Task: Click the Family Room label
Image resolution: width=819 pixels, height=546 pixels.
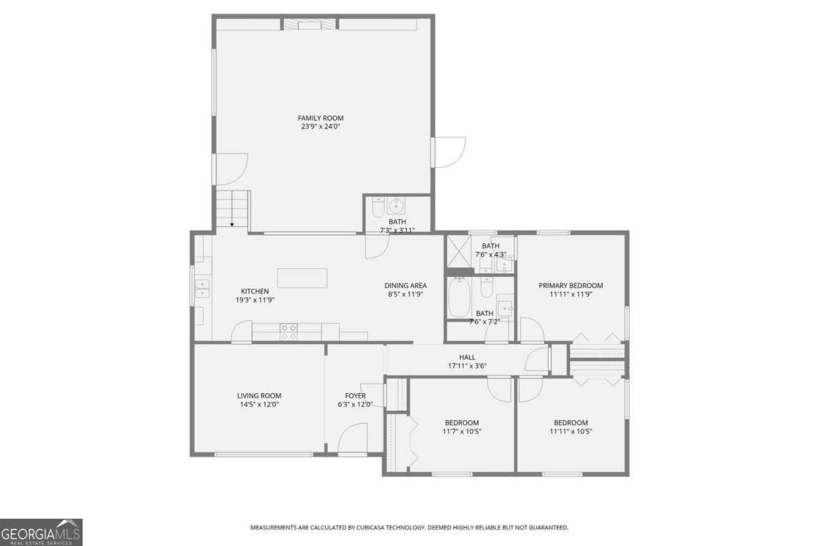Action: point(320,118)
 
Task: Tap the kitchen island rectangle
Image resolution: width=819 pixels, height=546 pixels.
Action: point(302,278)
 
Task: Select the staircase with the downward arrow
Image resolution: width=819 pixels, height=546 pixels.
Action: point(233,210)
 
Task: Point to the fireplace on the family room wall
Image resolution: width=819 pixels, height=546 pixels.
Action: point(310,25)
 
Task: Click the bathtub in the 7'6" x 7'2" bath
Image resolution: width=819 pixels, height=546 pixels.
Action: point(460,297)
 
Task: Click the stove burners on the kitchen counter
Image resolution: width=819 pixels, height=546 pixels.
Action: point(289,332)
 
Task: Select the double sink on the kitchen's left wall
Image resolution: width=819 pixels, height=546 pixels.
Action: point(202,289)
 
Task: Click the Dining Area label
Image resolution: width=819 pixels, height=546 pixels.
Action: point(405,286)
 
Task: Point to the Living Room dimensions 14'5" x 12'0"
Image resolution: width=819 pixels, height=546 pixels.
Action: point(259,404)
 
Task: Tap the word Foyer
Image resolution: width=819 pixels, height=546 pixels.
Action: point(355,396)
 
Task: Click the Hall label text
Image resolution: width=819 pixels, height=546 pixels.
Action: point(467,357)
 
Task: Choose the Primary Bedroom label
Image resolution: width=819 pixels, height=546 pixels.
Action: point(571,286)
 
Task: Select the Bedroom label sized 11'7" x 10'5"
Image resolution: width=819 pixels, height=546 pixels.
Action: point(461,422)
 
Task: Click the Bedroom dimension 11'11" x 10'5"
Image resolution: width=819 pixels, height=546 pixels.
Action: point(571,431)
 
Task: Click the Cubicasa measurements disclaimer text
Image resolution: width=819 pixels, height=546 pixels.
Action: point(409,528)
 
